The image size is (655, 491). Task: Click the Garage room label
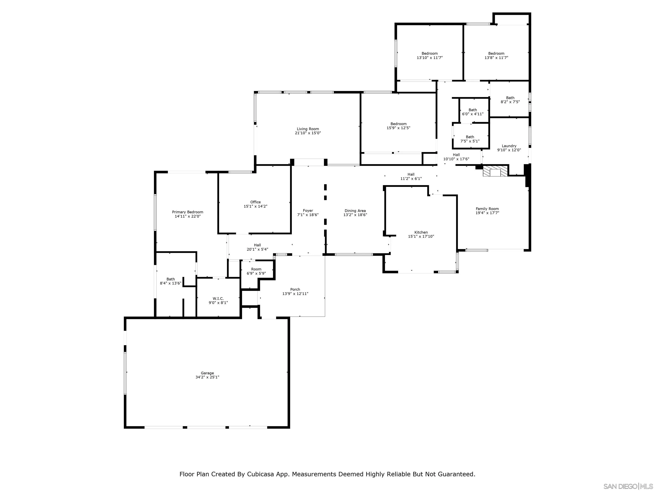pyautogui.click(x=207, y=373)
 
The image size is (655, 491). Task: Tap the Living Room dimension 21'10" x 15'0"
pyautogui.click(x=308, y=133)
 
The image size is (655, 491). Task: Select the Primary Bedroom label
pyautogui.click(x=187, y=212)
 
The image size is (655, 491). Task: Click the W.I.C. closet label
pyautogui.click(x=218, y=299)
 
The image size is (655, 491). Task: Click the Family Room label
pyautogui.click(x=487, y=209)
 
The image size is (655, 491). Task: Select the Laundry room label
pyautogui.click(x=509, y=146)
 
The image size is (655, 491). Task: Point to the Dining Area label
pyautogui.click(x=355, y=211)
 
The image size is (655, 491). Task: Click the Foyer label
pyautogui.click(x=308, y=211)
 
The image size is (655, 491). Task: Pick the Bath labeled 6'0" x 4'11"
pyautogui.click(x=473, y=112)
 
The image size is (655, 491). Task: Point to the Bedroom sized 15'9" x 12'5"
pyautogui.click(x=398, y=126)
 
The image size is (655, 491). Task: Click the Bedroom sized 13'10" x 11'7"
pyautogui.click(x=429, y=56)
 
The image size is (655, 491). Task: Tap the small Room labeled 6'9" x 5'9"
pyautogui.click(x=256, y=271)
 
